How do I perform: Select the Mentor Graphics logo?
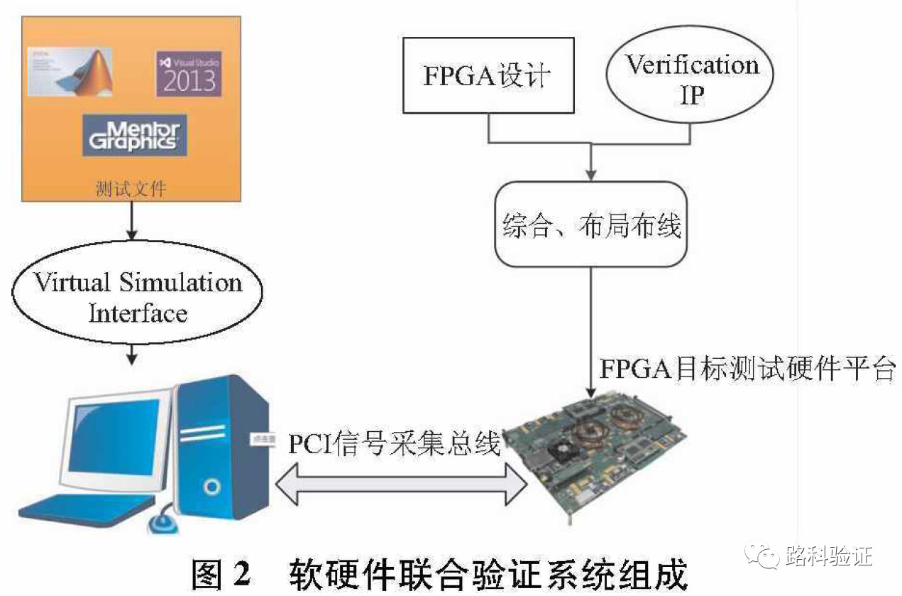click(134, 135)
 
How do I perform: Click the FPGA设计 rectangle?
click(488, 76)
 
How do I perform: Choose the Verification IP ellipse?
click(691, 78)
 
